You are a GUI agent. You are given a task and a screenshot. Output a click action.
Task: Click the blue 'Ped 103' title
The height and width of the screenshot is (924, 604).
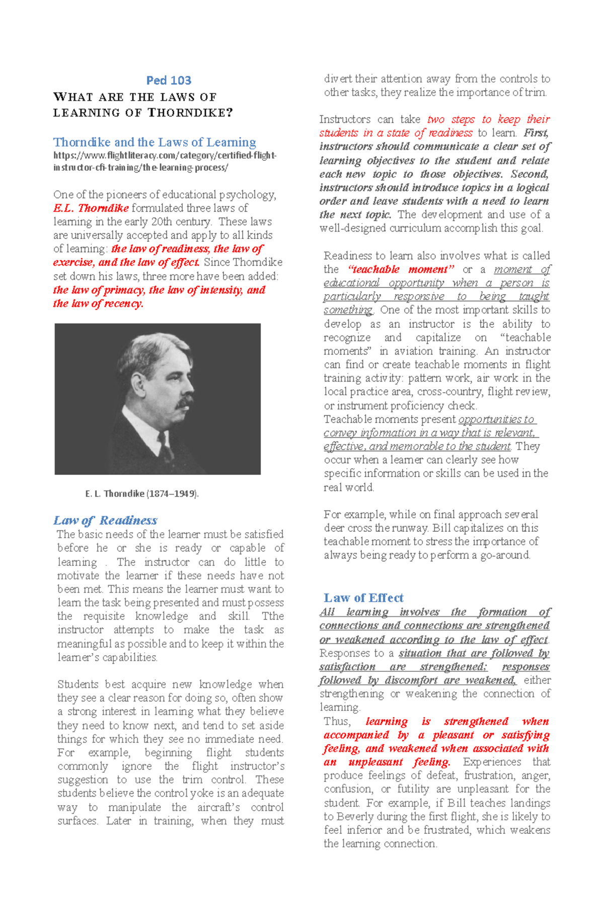pyautogui.click(x=169, y=81)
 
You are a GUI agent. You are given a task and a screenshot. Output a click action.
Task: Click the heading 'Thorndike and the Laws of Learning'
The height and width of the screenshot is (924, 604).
pyautogui.click(x=155, y=143)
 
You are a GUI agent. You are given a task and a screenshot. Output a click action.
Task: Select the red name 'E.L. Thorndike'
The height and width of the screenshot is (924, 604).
pyautogui.click(x=91, y=208)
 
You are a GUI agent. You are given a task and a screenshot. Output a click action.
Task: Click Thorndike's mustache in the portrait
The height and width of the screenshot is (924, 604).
pyautogui.click(x=183, y=402)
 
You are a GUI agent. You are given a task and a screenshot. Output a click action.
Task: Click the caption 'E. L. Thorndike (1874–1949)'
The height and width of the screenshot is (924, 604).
pyautogui.click(x=142, y=494)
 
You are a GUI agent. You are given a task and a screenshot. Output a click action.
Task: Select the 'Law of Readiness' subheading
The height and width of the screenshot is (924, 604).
pyautogui.click(x=105, y=521)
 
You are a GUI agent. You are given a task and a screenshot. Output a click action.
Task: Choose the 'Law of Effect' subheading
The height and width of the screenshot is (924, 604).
pyautogui.click(x=363, y=598)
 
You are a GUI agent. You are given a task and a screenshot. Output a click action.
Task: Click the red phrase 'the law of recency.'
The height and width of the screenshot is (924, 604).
pyautogui.click(x=98, y=304)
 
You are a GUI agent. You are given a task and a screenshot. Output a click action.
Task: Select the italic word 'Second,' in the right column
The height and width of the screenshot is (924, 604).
pyautogui.click(x=530, y=174)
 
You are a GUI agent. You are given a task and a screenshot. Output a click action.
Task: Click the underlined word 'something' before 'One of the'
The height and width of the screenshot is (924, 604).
pyautogui.click(x=348, y=310)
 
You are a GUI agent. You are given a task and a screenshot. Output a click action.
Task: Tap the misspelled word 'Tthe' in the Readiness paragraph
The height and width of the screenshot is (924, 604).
pyautogui.click(x=273, y=616)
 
